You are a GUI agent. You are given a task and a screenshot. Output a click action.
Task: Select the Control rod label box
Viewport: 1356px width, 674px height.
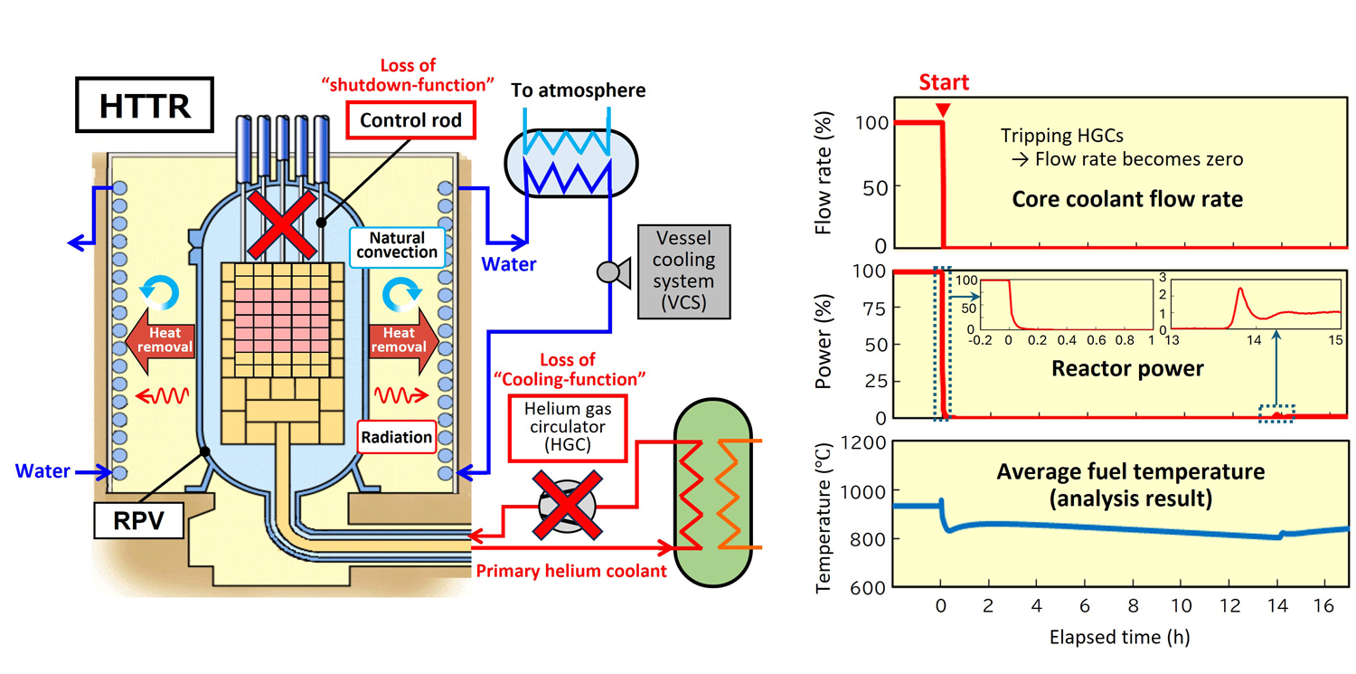pos(411,119)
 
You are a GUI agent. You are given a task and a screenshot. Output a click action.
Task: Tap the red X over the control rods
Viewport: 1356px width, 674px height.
pos(281,227)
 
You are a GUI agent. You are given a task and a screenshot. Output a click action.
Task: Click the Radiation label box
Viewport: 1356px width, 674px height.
pos(397,437)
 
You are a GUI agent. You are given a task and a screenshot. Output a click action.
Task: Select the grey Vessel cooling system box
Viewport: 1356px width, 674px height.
pos(683,271)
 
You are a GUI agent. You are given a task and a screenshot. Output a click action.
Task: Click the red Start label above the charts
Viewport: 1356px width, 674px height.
pos(943,83)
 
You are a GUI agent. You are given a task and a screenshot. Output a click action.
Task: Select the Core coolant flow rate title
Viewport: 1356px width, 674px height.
pos(1126,200)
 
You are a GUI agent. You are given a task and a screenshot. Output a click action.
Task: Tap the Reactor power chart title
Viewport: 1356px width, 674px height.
pos(1128,368)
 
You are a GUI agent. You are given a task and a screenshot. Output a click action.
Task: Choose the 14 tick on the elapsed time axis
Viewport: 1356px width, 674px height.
pos(1276,605)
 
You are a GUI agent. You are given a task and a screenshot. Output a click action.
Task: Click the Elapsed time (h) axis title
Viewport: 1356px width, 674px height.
pos(1119,637)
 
